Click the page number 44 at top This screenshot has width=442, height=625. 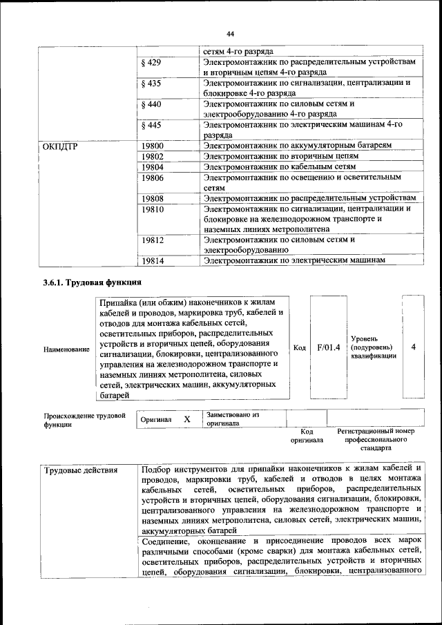[x=230, y=33]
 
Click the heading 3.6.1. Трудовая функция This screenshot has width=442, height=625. [x=92, y=283]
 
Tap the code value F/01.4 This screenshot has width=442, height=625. [x=329, y=347]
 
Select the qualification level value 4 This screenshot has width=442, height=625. [x=413, y=347]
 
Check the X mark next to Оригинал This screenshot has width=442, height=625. [x=186, y=419]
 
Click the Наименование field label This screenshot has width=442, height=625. [x=66, y=350]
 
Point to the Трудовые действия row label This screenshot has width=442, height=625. [x=81, y=470]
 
